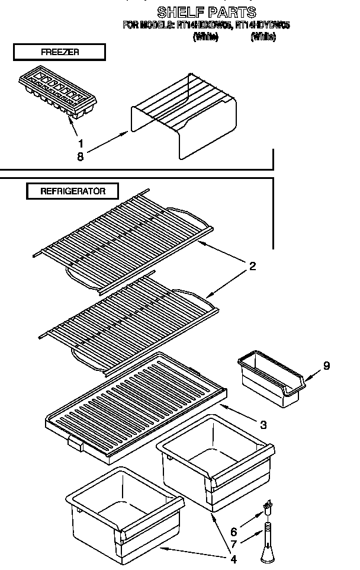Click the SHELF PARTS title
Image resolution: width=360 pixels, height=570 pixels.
tap(206, 12)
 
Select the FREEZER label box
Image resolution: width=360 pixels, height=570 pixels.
tap(59, 52)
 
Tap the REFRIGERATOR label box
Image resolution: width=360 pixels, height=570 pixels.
tap(72, 191)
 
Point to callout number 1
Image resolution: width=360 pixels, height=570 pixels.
tap(81, 143)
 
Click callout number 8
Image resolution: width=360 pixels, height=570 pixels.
tap(81, 156)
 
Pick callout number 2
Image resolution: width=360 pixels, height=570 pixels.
tap(252, 266)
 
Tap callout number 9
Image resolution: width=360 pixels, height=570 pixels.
tap(326, 366)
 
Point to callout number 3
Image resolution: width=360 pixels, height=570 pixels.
tap(263, 424)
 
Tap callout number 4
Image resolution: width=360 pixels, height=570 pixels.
tap(233, 558)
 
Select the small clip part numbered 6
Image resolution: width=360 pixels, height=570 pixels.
tap(269, 509)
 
